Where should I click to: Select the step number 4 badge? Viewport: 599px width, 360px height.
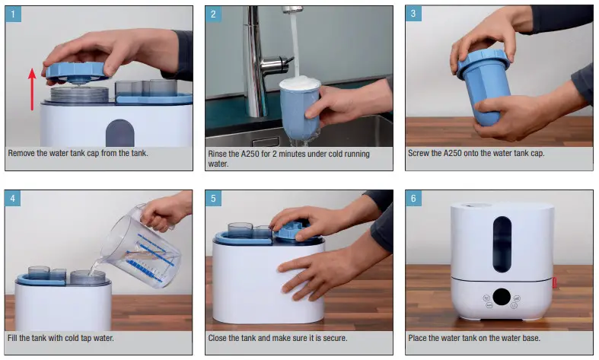(14, 199)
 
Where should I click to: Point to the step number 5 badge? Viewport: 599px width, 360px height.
(214, 199)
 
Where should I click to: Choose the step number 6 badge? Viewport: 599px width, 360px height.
(414, 199)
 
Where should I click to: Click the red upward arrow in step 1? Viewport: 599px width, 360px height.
(31, 88)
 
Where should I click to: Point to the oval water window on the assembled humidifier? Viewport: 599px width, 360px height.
(502, 243)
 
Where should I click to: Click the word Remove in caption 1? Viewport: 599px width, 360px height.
(23, 154)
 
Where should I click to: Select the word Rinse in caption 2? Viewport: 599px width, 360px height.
(219, 154)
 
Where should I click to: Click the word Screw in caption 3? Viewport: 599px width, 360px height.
(420, 154)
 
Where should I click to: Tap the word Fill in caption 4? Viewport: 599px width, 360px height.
(14, 338)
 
